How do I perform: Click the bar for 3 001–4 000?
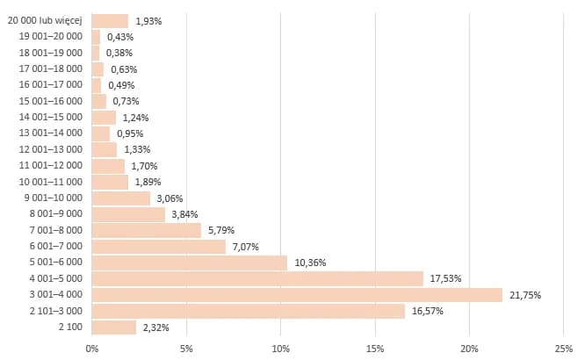coord(297,295)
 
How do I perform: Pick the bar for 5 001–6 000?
coord(189,263)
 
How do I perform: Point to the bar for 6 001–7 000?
coord(158,247)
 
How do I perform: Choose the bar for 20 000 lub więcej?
coord(110,21)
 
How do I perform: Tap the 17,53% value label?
coord(446,279)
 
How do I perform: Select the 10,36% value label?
coord(311,263)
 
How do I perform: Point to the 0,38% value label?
coord(119,53)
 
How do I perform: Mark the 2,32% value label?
coord(155,328)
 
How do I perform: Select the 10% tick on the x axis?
coord(280,348)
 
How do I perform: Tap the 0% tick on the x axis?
coord(91,348)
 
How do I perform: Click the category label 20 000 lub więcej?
coord(44,21)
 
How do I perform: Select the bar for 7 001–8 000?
coord(146,230)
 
